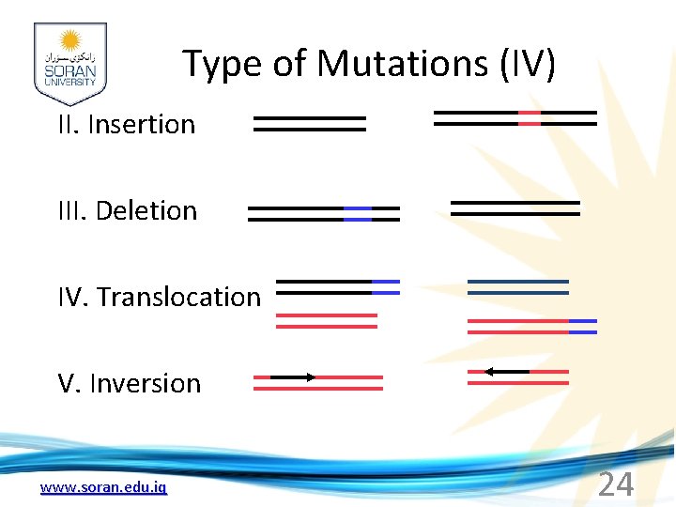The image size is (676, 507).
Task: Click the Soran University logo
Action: click(x=70, y=63)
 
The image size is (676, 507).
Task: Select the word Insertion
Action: click(x=141, y=124)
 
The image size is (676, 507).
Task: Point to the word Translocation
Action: click(x=178, y=297)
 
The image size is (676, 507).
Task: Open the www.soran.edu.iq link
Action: click(x=103, y=487)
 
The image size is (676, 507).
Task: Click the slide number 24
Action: click(x=616, y=484)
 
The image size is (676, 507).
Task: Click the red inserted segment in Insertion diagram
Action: click(x=530, y=117)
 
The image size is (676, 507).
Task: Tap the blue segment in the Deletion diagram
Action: click(x=358, y=213)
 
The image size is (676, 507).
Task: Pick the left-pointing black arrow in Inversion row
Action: click(x=506, y=372)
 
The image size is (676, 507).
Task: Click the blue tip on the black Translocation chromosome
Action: click(x=386, y=286)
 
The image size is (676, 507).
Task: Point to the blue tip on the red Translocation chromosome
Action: click(x=583, y=326)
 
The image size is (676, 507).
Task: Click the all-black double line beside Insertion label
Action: click(x=309, y=124)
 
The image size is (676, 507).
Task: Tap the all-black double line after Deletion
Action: click(x=515, y=207)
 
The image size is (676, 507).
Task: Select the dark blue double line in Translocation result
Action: click(x=518, y=286)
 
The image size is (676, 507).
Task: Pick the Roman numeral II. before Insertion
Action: click(x=69, y=124)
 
